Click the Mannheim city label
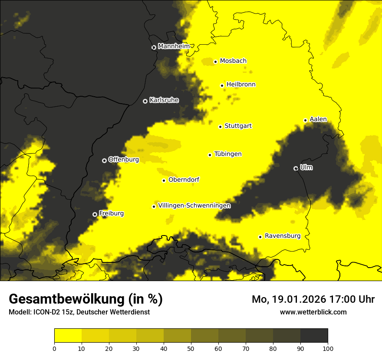[x=174, y=46]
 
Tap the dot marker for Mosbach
[x=215, y=62]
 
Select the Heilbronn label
[x=240, y=85]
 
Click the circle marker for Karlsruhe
[x=145, y=101]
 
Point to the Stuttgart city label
[x=238, y=126]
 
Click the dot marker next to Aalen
[x=305, y=120]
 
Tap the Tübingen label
[x=228, y=154]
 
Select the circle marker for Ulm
[x=296, y=168]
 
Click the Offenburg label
[x=123, y=160]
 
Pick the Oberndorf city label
[x=184, y=180]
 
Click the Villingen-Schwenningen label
[x=194, y=206]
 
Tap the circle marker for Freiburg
[x=95, y=214]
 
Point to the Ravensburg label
[x=282, y=236]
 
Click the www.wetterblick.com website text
[x=313, y=312]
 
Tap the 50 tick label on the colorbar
[x=191, y=348]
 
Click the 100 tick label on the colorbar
[x=327, y=348]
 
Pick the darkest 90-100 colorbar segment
[x=314, y=335]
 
